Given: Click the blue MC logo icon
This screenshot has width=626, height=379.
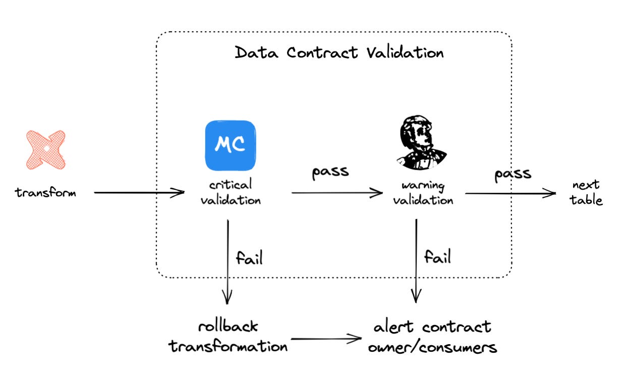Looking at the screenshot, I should (231, 145).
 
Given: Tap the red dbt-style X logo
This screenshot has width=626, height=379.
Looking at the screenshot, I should (45, 149).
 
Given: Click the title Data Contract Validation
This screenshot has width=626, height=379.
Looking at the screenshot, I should (339, 52).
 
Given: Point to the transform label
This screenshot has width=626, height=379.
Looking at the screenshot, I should (45, 192).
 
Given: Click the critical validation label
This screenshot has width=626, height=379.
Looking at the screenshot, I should (231, 192).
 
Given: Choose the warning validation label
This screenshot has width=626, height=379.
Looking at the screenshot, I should (423, 192).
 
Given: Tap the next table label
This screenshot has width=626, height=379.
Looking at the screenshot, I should (587, 192).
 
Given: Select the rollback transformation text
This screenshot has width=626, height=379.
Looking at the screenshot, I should (228, 336).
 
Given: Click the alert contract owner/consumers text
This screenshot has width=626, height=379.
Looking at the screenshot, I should (432, 337).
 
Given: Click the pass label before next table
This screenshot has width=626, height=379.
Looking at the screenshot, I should (513, 174).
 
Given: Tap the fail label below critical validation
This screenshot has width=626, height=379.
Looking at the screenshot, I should (249, 258).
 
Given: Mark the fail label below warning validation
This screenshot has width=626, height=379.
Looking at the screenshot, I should (437, 257).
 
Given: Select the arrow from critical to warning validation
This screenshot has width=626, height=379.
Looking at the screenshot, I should (336, 192).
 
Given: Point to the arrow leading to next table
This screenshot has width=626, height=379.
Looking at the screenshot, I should (509, 193).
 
